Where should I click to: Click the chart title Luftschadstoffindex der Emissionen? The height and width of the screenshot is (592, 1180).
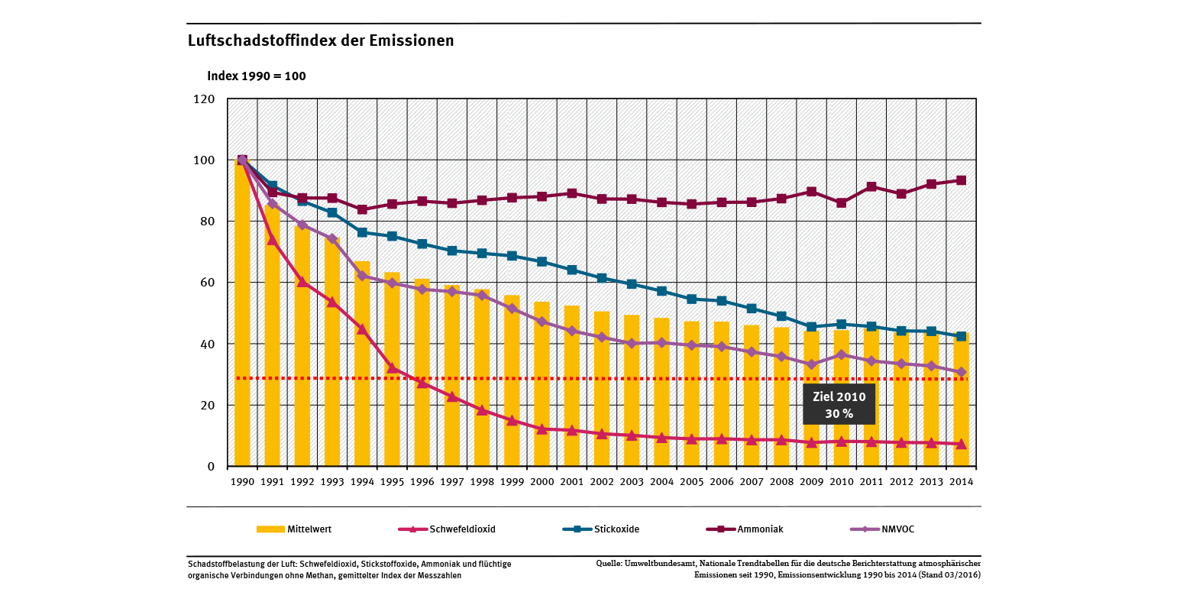click(321, 40)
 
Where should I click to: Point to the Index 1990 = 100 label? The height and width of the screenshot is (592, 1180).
click(257, 76)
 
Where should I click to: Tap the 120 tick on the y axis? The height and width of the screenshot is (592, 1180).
click(205, 99)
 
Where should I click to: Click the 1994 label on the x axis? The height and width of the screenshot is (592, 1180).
click(362, 482)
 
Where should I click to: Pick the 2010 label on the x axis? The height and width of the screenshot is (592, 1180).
click(841, 482)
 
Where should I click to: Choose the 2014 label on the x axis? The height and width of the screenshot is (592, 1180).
click(961, 482)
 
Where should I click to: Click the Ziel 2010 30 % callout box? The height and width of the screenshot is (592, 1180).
click(839, 404)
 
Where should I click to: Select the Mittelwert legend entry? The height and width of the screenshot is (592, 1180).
click(294, 529)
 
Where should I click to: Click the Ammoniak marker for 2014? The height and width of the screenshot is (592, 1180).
click(961, 180)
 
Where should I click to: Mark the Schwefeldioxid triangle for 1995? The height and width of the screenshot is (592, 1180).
click(392, 368)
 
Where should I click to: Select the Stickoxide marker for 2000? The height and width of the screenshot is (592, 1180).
click(542, 262)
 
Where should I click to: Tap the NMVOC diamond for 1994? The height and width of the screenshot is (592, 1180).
click(362, 276)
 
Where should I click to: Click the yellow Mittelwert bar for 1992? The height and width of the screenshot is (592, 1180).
click(302, 344)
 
